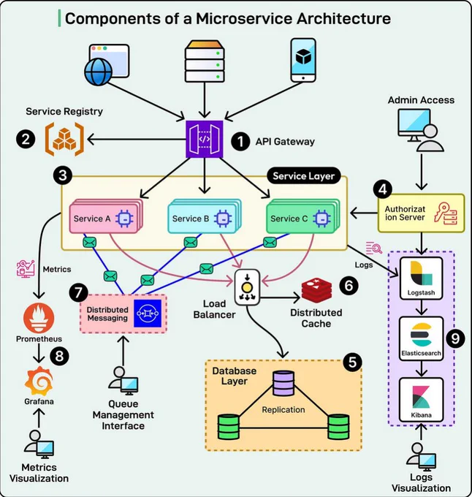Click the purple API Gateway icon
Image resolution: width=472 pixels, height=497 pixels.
[x=205, y=139]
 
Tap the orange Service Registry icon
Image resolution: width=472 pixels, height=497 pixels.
[x=64, y=139]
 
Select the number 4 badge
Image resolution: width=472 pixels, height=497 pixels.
[x=383, y=189]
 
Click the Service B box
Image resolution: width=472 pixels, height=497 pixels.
[x=205, y=216]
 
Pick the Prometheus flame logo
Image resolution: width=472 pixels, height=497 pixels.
[x=39, y=318]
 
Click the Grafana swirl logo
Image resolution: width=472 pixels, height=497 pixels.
[x=39, y=382]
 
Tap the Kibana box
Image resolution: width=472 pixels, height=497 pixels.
[x=421, y=400]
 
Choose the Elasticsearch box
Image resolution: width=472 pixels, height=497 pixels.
[x=421, y=338]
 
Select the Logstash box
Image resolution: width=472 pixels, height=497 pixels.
[x=421, y=278]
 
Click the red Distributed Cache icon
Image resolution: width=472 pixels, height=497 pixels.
[x=317, y=290]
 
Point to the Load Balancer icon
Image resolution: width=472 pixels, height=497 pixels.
[x=247, y=287]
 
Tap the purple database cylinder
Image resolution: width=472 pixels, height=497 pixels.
[x=283, y=383]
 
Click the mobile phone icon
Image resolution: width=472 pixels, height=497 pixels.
[x=303, y=60]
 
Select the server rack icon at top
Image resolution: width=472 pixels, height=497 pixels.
[x=205, y=61]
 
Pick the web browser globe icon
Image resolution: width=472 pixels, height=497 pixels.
[x=107, y=64]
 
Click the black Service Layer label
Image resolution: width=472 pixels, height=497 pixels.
[x=304, y=176]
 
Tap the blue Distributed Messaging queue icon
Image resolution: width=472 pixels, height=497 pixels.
[x=148, y=314]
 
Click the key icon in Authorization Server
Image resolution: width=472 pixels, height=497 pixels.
[x=446, y=213]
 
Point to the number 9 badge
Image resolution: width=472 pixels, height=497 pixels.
[x=455, y=338]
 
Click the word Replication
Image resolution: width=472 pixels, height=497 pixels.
[x=283, y=409]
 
